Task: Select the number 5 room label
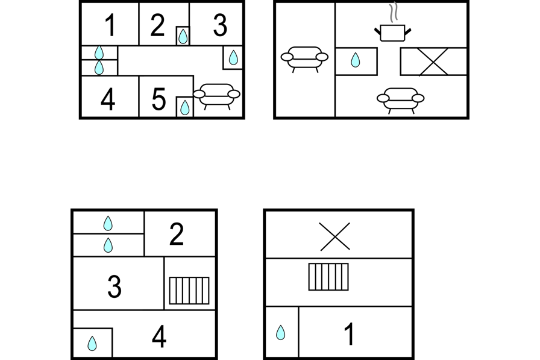[158, 99]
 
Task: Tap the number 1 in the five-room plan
[109, 26]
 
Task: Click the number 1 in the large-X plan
[349, 335]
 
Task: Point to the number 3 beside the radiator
[114, 286]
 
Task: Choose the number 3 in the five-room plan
[220, 26]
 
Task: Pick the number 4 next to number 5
[108, 100]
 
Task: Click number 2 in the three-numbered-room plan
[176, 235]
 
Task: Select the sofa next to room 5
[216, 95]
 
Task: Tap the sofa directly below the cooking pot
[400, 99]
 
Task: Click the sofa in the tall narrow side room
[304, 58]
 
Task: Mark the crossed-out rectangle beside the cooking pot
[433, 62]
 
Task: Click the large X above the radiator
[335, 236]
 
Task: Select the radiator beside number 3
[189, 291]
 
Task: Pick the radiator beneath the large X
[328, 277]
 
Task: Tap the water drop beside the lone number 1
[280, 332]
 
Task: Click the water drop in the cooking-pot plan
[356, 60]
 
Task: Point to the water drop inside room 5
[184, 107]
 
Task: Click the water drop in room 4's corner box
[92, 343]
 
